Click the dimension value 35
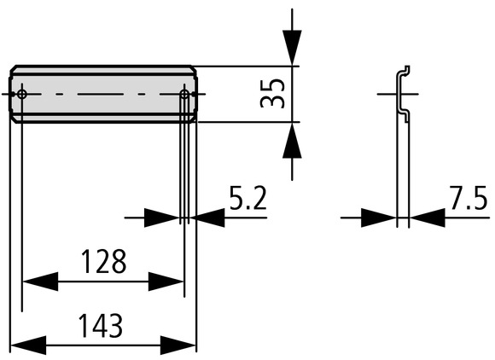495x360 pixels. pyautogui.click(x=272, y=93)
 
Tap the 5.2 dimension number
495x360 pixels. pyautogui.click(x=248, y=199)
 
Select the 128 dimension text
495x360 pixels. pyautogui.click(x=103, y=261)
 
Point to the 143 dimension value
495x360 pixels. pyautogui.click(x=101, y=326)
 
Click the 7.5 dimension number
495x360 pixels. pyautogui.click(x=469, y=199)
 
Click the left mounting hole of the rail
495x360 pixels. pyautogui.click(x=22, y=94)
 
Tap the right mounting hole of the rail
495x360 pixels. pyautogui.click(x=184, y=94)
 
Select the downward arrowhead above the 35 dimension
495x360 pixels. pyautogui.click(x=292, y=47)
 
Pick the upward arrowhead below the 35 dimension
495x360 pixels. pyautogui.click(x=292, y=140)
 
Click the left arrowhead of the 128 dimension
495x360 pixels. pyautogui.click(x=40, y=282)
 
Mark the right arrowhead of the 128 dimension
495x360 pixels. pyautogui.click(x=166, y=282)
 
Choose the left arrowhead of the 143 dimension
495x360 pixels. pyautogui.click(x=29, y=345)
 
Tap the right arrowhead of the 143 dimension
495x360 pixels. pyautogui.click(x=178, y=345)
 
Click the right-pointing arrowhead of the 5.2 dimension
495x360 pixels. pyautogui.click(x=162, y=218)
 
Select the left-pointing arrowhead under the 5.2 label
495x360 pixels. pyautogui.click(x=207, y=218)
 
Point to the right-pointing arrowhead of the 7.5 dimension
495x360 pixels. pyautogui.click(x=379, y=218)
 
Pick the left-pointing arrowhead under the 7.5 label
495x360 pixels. pyautogui.click(x=427, y=218)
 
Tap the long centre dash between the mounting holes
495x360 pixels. pyautogui.click(x=101, y=94)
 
